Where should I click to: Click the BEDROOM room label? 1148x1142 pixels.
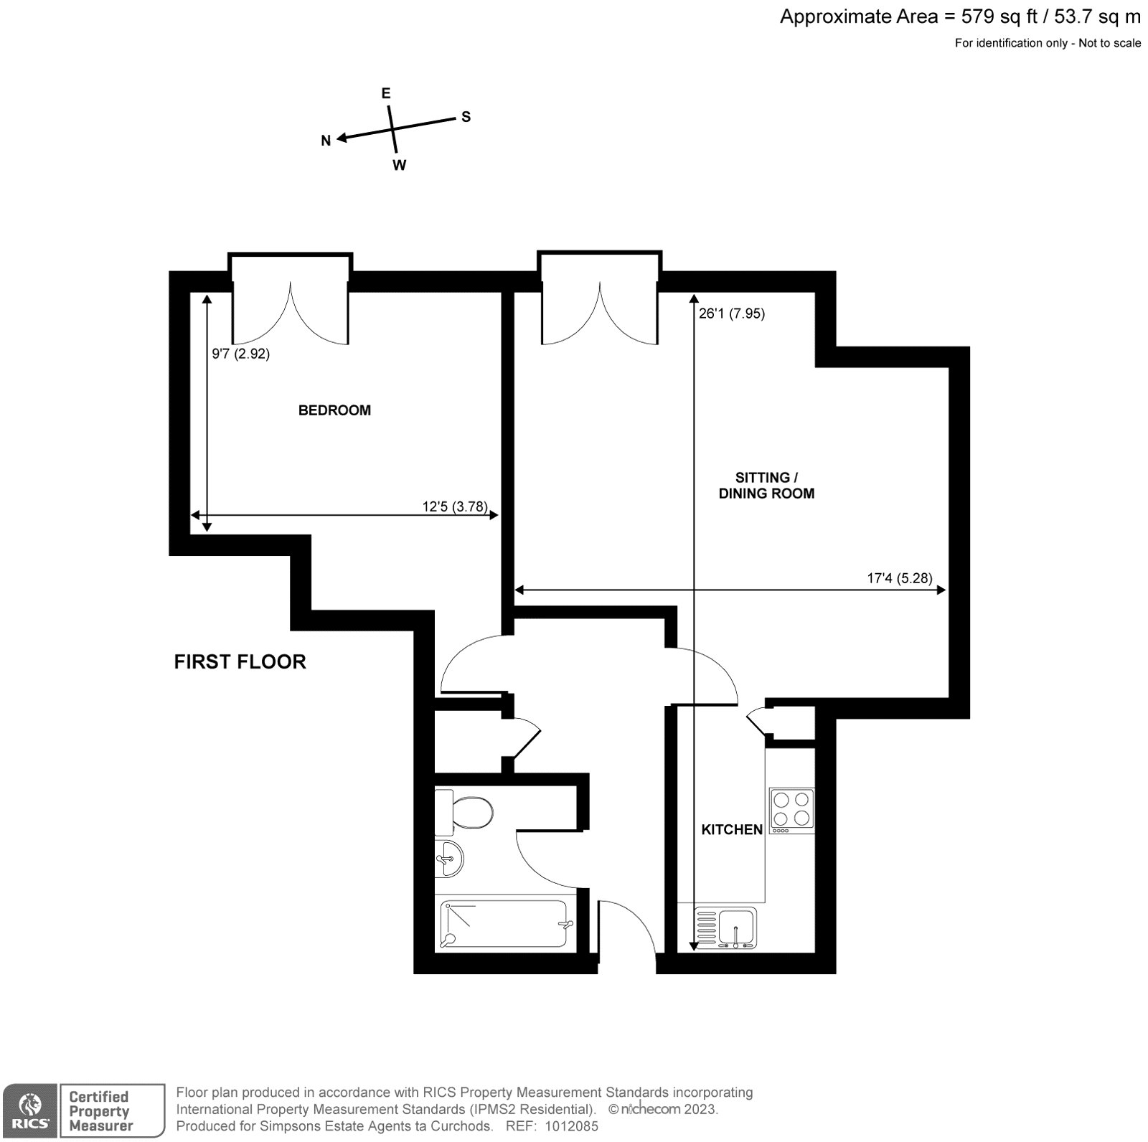[334, 410]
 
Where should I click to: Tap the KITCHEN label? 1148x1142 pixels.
[732, 829]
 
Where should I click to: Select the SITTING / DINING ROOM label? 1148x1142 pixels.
[766, 485]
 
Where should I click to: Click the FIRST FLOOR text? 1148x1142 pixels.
[240, 661]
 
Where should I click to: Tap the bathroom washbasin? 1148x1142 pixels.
[449, 858]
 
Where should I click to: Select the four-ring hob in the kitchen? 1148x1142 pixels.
[792, 811]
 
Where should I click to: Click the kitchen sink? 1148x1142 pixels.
[726, 928]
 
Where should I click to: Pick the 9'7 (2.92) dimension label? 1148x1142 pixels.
[240, 354]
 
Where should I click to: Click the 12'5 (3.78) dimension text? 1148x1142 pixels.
[455, 506]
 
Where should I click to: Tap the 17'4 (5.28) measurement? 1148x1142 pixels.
[900, 578]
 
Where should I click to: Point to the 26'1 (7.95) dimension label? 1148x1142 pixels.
[732, 313]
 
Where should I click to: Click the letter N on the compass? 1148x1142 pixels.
[326, 141]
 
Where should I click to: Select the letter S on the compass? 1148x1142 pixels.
[466, 117]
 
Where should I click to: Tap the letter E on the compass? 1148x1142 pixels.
[385, 93]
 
